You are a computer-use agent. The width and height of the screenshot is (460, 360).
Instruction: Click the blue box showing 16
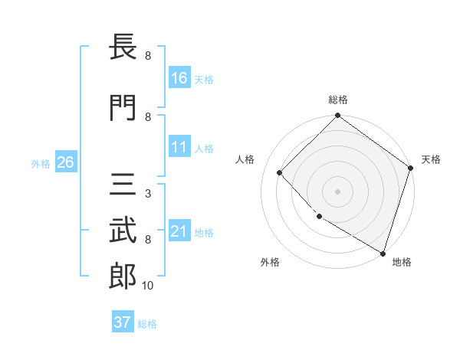(x=179, y=78)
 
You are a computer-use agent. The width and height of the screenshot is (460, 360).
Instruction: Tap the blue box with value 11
(x=179, y=147)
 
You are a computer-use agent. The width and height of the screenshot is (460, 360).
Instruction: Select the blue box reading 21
(x=179, y=231)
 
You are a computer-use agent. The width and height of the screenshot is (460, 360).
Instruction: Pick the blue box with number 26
(x=65, y=162)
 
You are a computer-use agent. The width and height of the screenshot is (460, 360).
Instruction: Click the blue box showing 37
(x=123, y=322)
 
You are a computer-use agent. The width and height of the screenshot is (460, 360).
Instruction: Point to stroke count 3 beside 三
(x=148, y=194)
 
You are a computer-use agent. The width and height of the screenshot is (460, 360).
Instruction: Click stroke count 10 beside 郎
(x=148, y=286)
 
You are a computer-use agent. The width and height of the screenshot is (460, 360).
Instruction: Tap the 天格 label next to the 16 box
(x=204, y=79)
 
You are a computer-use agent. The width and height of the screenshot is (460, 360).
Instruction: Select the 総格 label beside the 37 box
(x=147, y=323)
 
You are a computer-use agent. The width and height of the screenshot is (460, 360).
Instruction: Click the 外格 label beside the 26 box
(x=41, y=163)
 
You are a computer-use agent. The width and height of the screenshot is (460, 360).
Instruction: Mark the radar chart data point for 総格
(x=337, y=117)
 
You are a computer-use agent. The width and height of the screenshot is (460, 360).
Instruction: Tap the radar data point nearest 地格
(x=382, y=252)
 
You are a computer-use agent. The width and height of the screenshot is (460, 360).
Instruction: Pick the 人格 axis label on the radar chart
(x=245, y=159)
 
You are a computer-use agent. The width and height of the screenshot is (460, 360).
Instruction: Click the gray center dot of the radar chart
(x=337, y=191)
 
